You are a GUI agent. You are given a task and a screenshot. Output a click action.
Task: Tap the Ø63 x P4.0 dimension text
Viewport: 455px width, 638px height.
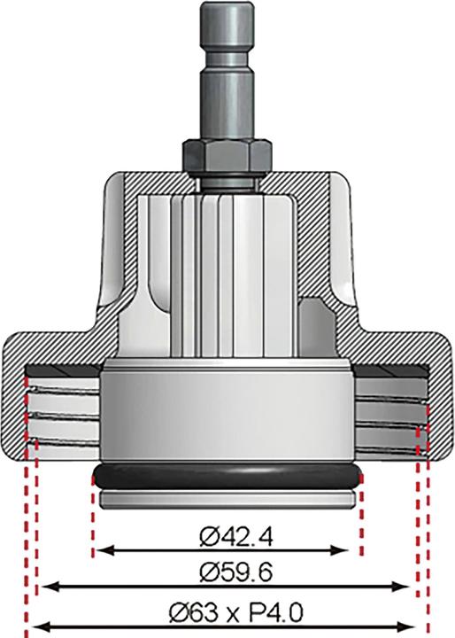pos(227,611)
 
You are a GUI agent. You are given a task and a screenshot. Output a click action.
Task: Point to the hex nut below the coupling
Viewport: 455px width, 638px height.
pos(226,157)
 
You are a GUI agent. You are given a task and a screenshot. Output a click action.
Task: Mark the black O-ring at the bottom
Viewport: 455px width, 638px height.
pos(227,476)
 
